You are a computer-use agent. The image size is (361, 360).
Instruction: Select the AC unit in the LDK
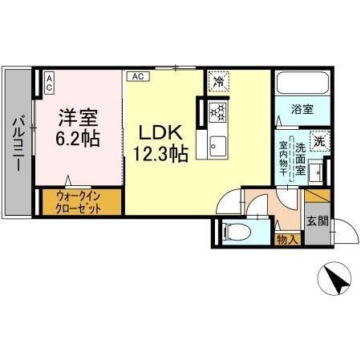137,76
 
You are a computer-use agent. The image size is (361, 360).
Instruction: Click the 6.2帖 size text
77,139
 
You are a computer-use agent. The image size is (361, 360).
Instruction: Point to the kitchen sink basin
218,146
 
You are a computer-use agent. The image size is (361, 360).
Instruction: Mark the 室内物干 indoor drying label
283,161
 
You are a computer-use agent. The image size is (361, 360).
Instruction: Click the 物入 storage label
286,239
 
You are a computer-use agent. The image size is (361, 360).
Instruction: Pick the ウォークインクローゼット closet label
80,201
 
